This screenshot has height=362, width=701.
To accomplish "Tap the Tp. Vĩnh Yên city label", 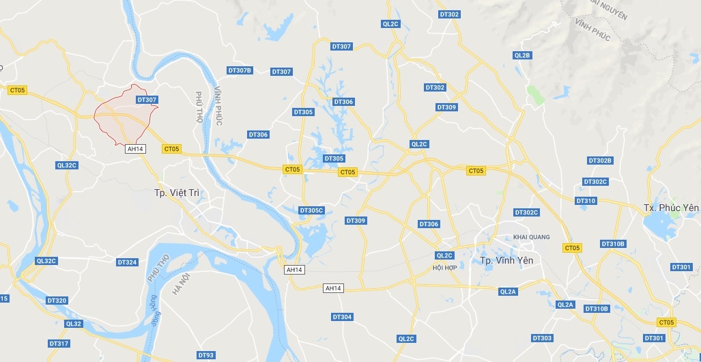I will click(x=506, y=260).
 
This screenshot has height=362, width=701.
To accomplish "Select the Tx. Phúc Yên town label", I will click(x=671, y=207).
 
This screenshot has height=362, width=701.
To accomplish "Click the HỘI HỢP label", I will click(x=444, y=267).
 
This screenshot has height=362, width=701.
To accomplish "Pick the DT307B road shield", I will click(x=240, y=70).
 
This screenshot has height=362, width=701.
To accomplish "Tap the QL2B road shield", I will click(x=522, y=55).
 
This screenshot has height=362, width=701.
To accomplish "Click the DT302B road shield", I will click(x=600, y=161).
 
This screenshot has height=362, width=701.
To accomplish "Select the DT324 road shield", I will click(x=127, y=262).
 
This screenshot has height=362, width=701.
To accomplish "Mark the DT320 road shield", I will click(x=57, y=301).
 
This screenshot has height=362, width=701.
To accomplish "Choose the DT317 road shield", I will click(x=59, y=343).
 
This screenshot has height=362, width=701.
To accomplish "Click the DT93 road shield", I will click(x=205, y=355).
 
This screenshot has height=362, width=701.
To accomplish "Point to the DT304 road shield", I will click(x=342, y=317).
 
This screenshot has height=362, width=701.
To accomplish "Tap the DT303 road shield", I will click(x=542, y=338).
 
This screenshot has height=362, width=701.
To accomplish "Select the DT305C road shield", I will click(x=311, y=210).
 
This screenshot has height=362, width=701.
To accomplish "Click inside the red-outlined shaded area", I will click(x=121, y=116).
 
